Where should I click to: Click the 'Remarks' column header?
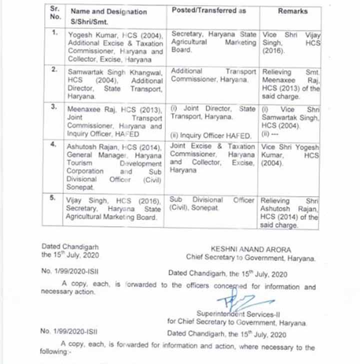292,10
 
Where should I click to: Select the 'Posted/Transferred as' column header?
209,10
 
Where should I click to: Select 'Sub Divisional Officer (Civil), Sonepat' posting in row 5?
212,203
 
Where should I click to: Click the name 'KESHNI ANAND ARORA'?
250,249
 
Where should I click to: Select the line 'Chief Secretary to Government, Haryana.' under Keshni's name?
250,258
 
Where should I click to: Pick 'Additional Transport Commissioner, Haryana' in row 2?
213,75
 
